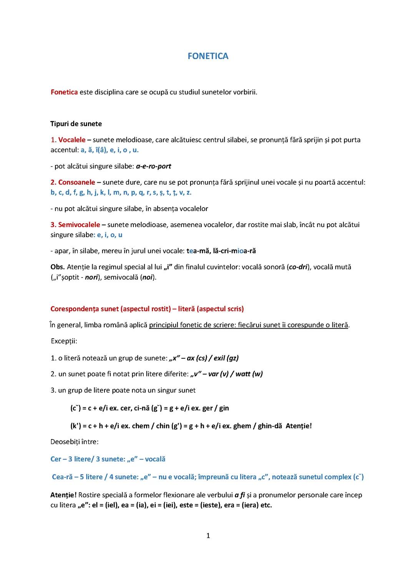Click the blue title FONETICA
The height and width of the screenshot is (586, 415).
point(208,56)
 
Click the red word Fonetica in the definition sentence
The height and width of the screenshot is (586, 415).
point(64,92)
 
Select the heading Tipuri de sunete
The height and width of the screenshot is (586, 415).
point(76,124)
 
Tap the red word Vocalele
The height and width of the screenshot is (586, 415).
point(72,140)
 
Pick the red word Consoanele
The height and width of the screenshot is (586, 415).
point(76,182)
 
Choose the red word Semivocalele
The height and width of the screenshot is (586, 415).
point(79,224)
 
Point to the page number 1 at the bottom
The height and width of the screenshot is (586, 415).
point(208,536)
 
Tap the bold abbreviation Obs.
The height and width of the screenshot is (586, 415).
point(57,267)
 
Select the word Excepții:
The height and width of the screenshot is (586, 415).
point(64,341)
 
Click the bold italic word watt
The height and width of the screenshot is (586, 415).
point(243,374)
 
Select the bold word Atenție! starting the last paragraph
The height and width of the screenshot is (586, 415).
point(63,495)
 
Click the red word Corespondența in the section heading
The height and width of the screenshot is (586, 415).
point(73,309)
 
